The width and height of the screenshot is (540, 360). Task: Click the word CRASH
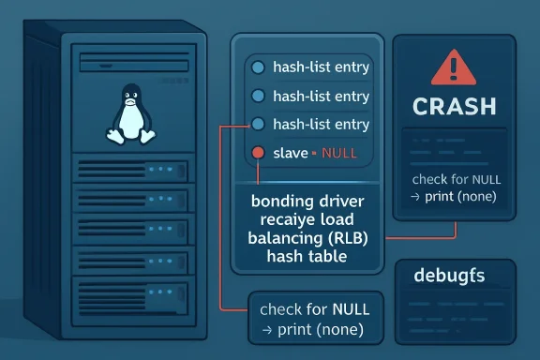pos(455,105)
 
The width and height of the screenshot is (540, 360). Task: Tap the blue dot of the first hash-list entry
pos(257,67)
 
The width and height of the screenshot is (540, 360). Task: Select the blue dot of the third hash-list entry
pos(257,124)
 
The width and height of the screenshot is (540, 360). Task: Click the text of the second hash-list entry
pos(321,96)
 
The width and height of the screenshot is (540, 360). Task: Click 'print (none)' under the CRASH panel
pos(454,196)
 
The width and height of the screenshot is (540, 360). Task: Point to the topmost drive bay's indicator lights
pos(165,170)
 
